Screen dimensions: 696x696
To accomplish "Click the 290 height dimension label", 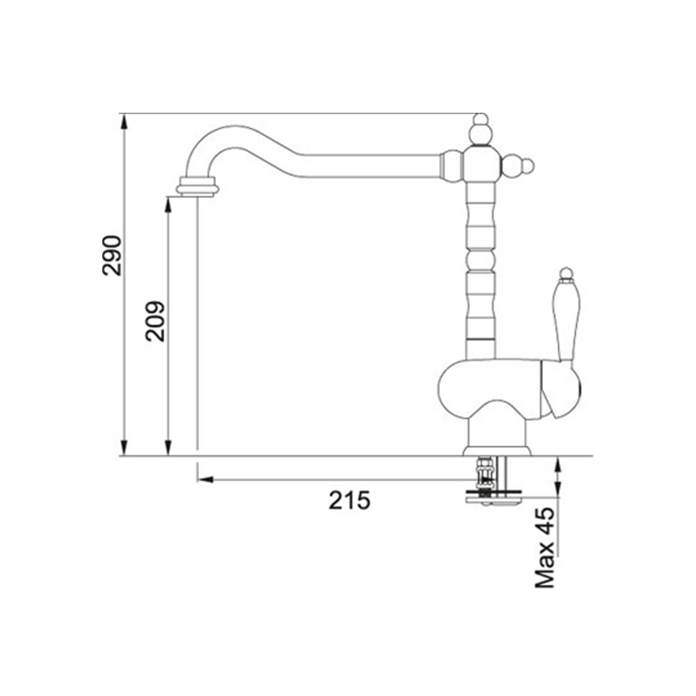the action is click(111, 255).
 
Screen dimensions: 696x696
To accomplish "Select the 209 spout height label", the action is click(155, 322).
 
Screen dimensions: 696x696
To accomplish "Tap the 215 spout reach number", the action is click(349, 500).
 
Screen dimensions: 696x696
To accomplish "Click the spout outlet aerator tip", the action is click(198, 186).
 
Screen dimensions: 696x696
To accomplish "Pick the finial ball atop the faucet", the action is click(480, 120).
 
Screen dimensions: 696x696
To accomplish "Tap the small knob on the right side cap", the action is click(528, 166).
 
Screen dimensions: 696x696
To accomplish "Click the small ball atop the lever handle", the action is click(566, 273).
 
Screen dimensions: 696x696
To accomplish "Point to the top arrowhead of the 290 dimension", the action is click(125, 121).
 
